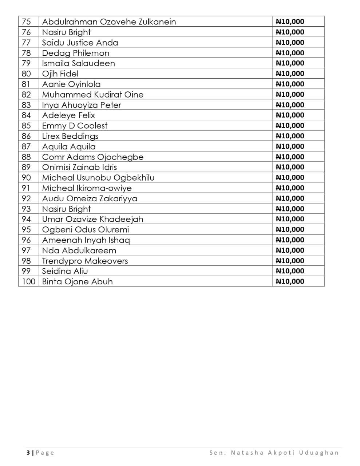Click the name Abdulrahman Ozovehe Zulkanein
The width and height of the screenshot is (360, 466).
coord(109,21)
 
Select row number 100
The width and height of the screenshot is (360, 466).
coord(28,281)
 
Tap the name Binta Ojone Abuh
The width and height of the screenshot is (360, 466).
coord(77,281)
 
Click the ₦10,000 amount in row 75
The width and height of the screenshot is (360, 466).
coord(290,21)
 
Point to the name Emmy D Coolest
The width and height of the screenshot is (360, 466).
coord(75,126)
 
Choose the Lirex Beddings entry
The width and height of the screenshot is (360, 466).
coord(70,136)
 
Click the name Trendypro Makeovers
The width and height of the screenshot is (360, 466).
coord(85,261)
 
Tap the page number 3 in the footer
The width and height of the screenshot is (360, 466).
coord(28,453)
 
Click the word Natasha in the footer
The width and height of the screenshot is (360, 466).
coord(247,453)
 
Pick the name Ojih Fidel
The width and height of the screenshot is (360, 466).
coord(60,74)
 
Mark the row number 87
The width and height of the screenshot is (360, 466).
coord(26,146)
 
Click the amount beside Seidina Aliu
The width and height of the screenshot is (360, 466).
coord(290,271)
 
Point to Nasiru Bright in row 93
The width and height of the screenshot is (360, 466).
coord(66,209)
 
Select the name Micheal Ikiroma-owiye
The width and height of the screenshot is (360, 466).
coord(87,188)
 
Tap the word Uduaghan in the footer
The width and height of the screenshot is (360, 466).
coord(319,453)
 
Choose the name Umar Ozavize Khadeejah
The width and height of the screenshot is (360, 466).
coord(92,219)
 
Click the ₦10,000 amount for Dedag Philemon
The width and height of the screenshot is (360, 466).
coord(290,53)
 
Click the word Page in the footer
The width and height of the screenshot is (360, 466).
coord(45,453)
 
